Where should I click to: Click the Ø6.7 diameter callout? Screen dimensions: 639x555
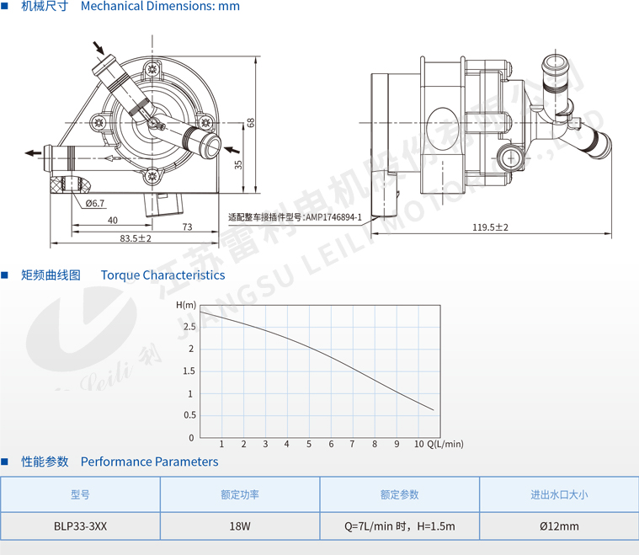click(x=95, y=203)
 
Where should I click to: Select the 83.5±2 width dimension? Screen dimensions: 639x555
click(x=136, y=238)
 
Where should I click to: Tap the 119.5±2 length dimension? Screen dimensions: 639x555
click(x=490, y=227)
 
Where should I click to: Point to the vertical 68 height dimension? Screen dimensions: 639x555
click(x=250, y=123)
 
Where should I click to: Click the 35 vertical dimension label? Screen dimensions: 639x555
click(x=238, y=165)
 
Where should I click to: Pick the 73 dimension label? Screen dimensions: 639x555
click(x=187, y=227)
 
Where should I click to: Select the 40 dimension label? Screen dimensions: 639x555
click(x=113, y=220)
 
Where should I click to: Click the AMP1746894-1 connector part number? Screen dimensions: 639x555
click(x=333, y=217)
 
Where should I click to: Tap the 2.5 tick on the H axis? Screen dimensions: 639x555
click(x=189, y=327)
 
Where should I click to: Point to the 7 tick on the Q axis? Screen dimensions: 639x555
click(x=353, y=444)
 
